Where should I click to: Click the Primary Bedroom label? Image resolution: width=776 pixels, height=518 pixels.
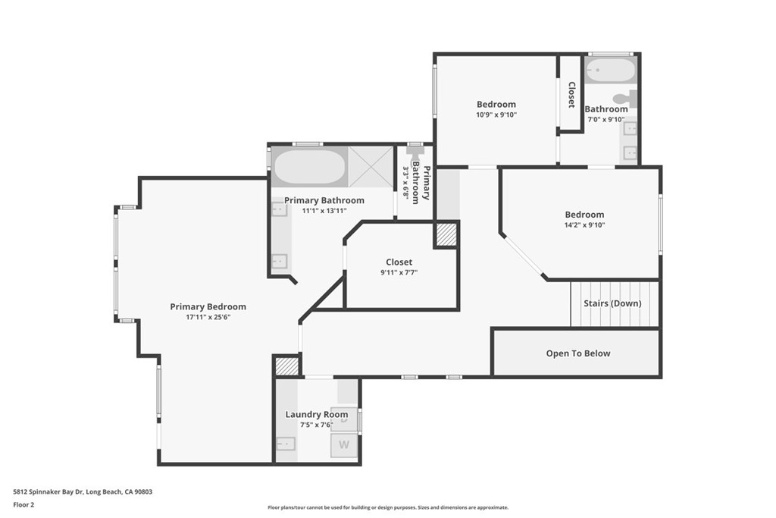[x=208, y=306]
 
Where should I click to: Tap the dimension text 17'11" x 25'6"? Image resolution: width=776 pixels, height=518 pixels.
[x=208, y=318]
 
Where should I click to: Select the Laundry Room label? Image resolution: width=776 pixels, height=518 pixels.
[x=317, y=414]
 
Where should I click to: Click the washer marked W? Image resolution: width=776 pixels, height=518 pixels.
[x=344, y=445]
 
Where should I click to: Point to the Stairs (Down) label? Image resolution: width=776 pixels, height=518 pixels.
[x=612, y=303]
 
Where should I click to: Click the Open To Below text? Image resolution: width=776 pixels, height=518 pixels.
[x=577, y=353]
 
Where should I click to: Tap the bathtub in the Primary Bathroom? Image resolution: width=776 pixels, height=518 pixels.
[x=308, y=167]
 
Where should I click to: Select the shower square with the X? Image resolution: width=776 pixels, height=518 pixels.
[x=372, y=166]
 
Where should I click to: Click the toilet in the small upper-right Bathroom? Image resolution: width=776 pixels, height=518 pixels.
[x=625, y=98]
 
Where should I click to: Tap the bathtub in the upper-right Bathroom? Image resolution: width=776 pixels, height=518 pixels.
[x=611, y=72]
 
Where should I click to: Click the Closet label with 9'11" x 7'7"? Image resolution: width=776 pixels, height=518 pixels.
[x=399, y=262]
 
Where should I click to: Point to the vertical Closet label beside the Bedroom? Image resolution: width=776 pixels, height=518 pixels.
[x=571, y=95]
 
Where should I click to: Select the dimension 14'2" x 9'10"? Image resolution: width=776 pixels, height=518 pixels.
[x=584, y=225]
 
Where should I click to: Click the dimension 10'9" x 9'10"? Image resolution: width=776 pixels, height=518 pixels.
[x=496, y=115]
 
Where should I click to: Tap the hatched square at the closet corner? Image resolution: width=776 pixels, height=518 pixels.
[x=446, y=235]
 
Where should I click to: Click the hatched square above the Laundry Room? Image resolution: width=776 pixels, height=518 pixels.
[x=286, y=366]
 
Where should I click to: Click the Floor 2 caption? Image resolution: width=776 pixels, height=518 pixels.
[x=23, y=504]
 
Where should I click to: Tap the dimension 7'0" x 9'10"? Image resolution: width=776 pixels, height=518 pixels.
[x=605, y=120]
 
